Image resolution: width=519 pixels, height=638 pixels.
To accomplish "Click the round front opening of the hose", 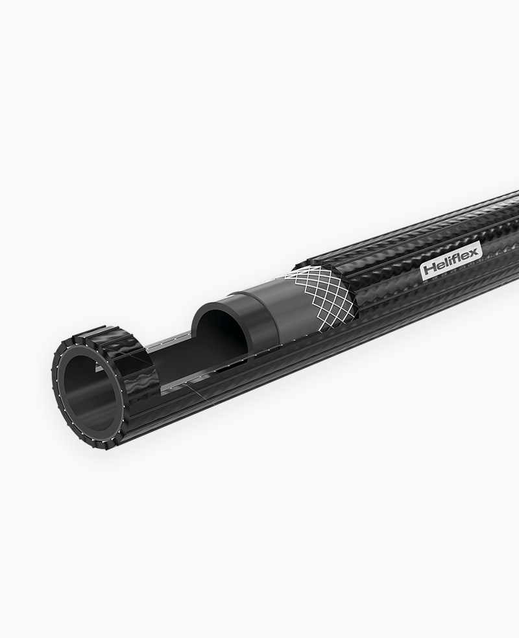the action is (90, 387).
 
